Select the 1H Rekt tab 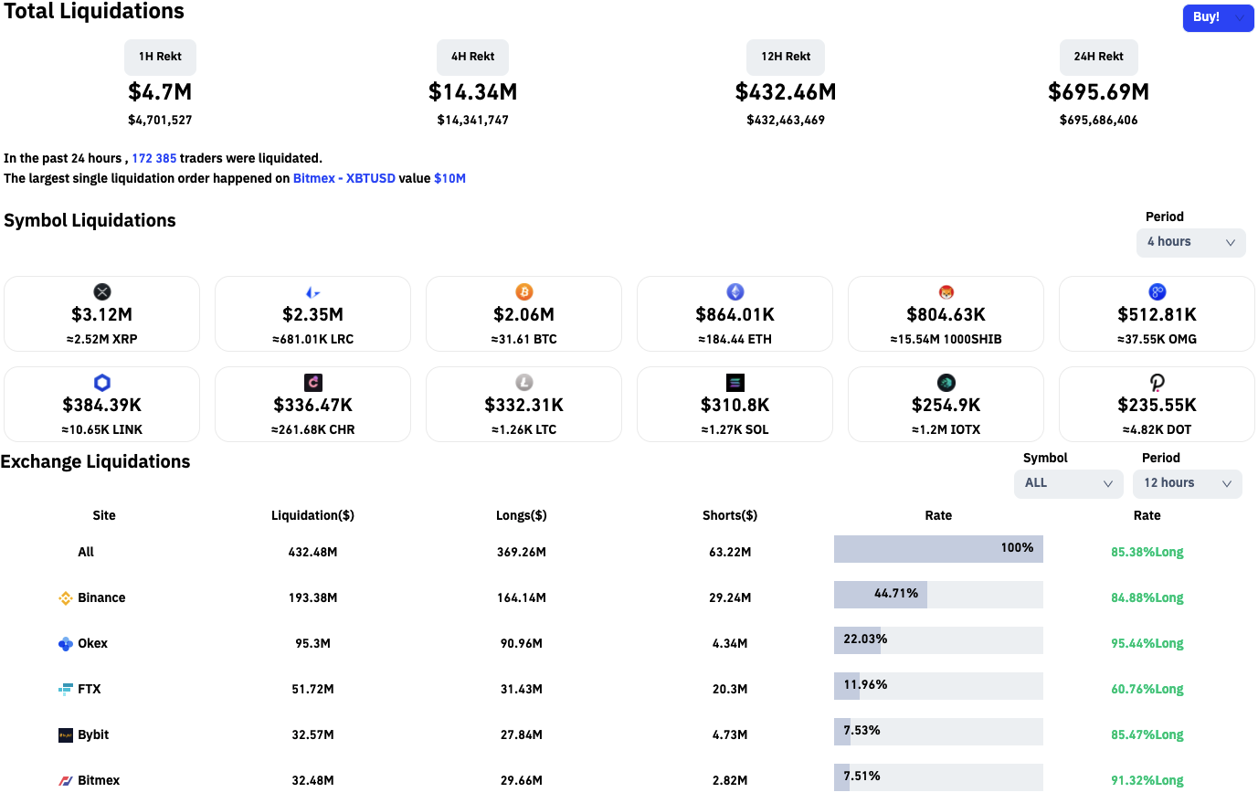point(160,57)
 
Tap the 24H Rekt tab point(1098,57)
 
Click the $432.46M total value point(786,92)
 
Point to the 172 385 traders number point(154,158)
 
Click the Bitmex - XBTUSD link point(344,178)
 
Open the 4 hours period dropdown point(1190,242)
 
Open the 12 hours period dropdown point(1187,483)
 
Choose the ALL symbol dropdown point(1068,483)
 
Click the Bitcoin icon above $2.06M point(524,291)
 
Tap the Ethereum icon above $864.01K point(735,291)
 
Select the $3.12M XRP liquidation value point(102,314)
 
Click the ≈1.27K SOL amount point(735,429)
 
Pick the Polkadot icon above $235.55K point(1157,383)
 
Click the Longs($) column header point(522,515)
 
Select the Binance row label point(101,597)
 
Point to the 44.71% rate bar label point(895,593)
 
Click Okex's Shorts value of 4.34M point(730,643)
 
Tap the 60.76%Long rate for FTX point(1147,689)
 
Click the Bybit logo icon point(66,735)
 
